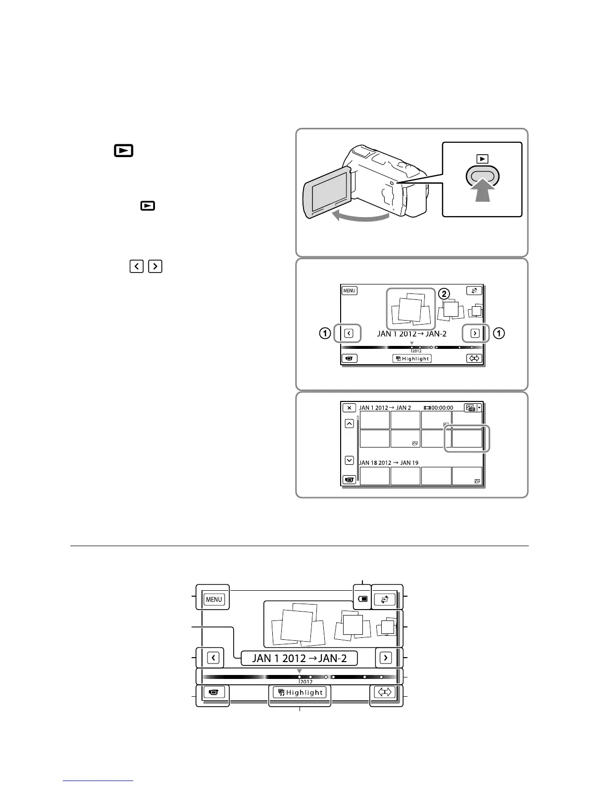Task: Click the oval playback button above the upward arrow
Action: point(482,176)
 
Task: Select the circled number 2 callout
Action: point(444,294)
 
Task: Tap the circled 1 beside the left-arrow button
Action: point(325,334)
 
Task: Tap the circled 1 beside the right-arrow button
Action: point(499,334)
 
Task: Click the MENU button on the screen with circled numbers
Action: point(350,291)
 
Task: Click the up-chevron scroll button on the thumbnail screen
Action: point(349,424)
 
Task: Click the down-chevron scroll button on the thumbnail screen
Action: point(349,460)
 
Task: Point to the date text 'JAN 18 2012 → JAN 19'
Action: point(389,463)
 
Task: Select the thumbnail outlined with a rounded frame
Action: point(467,438)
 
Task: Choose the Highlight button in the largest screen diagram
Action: point(300,692)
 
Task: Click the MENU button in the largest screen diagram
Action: point(214,599)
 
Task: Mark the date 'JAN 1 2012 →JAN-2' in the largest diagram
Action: point(299,658)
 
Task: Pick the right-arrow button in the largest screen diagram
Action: point(385,658)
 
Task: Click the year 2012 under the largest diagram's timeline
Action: point(306,682)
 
